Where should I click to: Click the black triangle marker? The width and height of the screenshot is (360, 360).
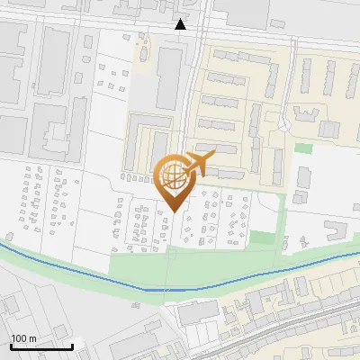[181, 24]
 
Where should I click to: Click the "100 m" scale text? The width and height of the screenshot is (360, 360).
[22, 338]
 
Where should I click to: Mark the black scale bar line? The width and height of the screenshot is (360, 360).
[41, 346]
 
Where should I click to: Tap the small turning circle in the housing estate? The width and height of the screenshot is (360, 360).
[287, 119]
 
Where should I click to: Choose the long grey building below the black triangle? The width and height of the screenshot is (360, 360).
[168, 76]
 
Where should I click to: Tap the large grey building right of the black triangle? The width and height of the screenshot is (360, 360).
[241, 11]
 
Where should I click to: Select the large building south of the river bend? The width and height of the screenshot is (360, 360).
[198, 313]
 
